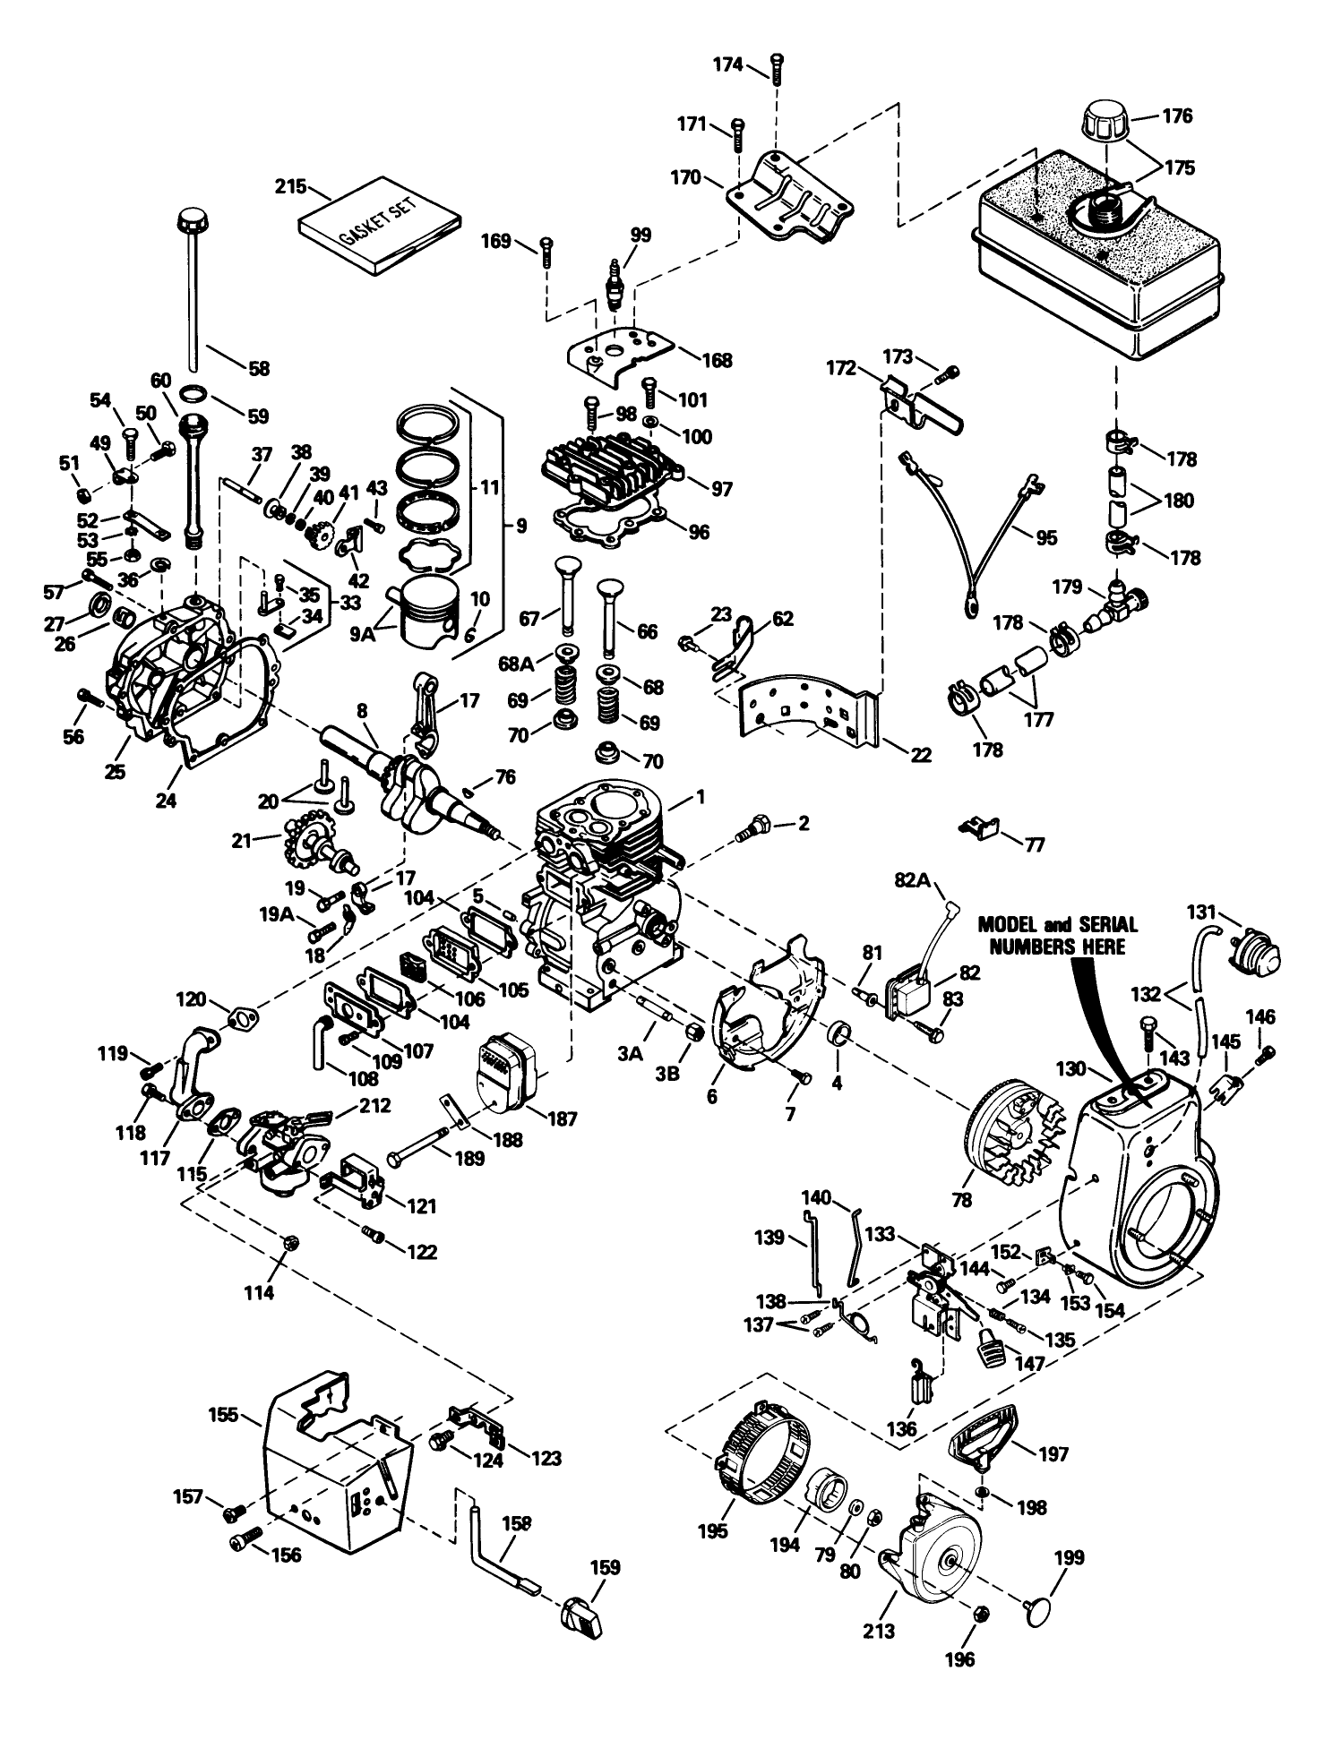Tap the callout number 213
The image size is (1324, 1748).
coord(879,1630)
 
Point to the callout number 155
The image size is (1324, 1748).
coord(223,1415)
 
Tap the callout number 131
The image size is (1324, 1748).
coord(1201,913)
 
